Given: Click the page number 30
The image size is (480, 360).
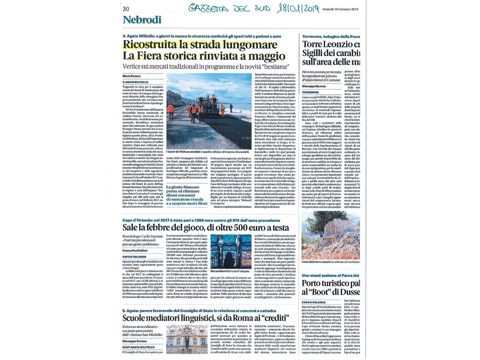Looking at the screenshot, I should click(x=126, y=9).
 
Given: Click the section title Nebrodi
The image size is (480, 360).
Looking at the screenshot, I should click(x=142, y=20).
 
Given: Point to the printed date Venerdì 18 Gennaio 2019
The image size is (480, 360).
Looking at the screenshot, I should click(x=340, y=9).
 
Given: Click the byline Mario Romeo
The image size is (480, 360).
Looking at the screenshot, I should click(x=132, y=76).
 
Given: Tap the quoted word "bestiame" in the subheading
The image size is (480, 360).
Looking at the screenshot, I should click(x=274, y=67).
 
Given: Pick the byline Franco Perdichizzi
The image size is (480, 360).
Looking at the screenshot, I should click(x=135, y=250).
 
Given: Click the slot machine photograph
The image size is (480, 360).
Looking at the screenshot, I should click(x=231, y=251).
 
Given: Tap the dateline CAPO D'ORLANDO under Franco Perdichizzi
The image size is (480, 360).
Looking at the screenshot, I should click(x=134, y=257).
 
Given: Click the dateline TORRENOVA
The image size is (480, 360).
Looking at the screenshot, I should click(x=310, y=92).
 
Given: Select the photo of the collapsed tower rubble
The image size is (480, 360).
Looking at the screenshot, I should click(x=330, y=235).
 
